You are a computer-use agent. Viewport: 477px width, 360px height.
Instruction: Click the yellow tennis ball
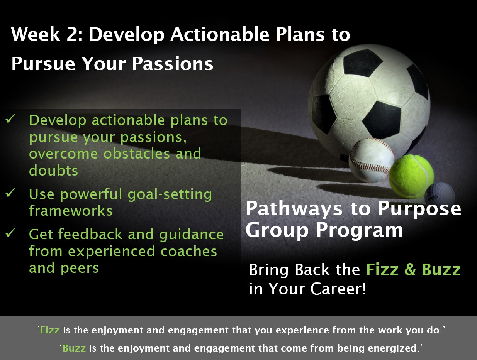411,177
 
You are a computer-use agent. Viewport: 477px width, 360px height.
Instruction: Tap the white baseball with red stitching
372,160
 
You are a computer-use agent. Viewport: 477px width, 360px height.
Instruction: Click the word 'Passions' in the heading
173,64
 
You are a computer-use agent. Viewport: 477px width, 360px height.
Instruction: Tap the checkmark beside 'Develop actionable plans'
10,118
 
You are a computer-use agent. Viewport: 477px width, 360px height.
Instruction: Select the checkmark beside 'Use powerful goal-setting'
10,193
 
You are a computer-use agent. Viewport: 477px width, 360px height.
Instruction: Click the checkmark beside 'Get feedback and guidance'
10,233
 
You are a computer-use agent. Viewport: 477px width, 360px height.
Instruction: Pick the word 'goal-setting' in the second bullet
170,194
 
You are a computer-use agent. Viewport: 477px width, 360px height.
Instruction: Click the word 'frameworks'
71,211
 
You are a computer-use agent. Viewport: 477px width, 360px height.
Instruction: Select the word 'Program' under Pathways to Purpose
360,231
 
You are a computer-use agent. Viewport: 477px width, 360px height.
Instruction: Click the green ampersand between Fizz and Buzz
410,269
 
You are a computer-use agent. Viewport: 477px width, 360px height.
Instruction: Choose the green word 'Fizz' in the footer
50,330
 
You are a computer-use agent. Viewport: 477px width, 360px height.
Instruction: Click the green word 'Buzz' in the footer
74,348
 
